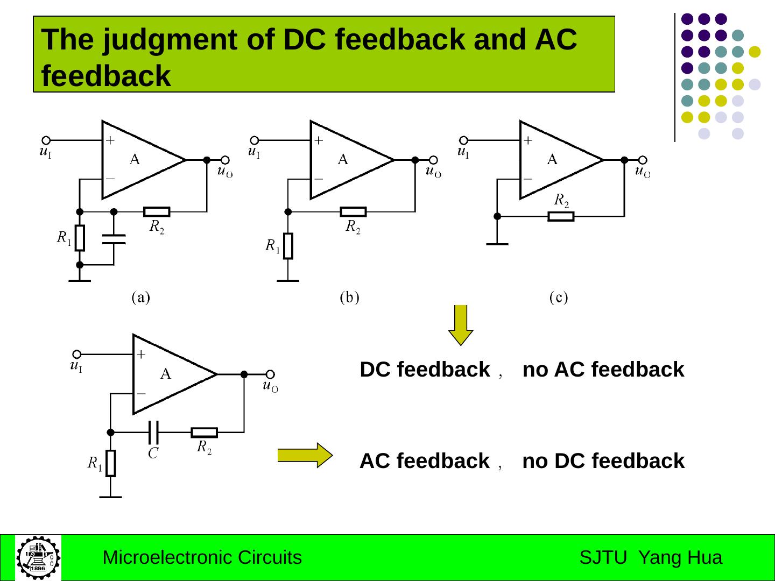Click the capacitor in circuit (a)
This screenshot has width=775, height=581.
pos(114,239)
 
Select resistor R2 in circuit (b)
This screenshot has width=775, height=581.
pos(353,212)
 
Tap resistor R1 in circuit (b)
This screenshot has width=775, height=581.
pos(288,246)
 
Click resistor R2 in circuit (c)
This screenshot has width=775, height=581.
pos(561,216)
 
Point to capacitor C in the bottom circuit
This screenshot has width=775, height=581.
pos(153,431)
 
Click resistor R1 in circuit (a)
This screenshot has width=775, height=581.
pos(80,238)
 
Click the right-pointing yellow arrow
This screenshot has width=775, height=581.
pos(305,455)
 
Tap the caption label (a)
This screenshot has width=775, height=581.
pos(141,297)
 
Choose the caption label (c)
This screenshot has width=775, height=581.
pos(559,297)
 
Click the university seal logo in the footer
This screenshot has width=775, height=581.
pos(38,557)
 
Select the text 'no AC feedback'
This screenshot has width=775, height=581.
pos(603,370)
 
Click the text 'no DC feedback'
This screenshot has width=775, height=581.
pos(603,461)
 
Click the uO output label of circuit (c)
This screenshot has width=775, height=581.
pos(643,172)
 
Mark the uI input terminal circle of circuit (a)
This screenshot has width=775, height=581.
pos(46,140)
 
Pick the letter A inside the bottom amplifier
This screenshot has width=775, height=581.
pos(166,373)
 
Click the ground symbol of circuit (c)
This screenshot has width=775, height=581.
pos(497,244)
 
